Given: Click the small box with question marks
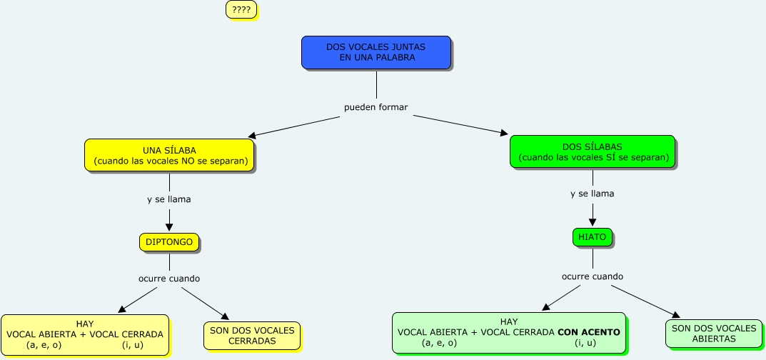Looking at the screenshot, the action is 241,10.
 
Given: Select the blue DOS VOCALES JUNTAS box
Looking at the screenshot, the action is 376,52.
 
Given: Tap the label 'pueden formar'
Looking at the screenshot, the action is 376,107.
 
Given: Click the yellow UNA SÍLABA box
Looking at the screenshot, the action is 169,155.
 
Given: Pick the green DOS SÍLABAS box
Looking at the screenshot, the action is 593,152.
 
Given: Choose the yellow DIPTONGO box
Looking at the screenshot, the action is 169,242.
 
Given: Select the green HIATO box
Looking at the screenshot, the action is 592,237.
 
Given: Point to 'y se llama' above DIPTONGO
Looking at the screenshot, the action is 169,199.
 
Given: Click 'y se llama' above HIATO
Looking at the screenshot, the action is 593,194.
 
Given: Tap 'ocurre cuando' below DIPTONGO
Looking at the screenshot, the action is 169,279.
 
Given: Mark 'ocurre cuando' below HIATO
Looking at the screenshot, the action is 593,276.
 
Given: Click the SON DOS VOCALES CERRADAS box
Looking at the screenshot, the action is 252,336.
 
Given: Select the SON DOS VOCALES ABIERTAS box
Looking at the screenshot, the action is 714,334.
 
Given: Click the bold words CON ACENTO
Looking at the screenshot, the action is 589,332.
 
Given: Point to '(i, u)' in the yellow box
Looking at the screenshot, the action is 133,345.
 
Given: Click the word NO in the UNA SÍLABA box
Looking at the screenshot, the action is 188,161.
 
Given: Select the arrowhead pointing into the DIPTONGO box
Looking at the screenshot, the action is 169,226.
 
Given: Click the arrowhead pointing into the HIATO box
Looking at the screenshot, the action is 593,221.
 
